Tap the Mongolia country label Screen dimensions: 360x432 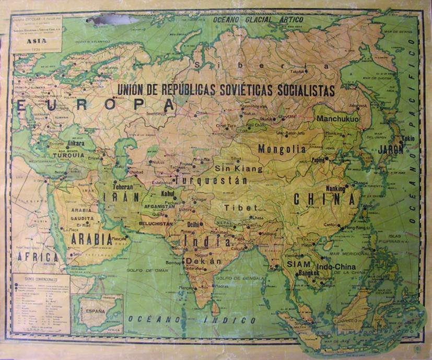point(282,149)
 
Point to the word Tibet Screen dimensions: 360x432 point(234,207)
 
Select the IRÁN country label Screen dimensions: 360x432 point(121,198)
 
